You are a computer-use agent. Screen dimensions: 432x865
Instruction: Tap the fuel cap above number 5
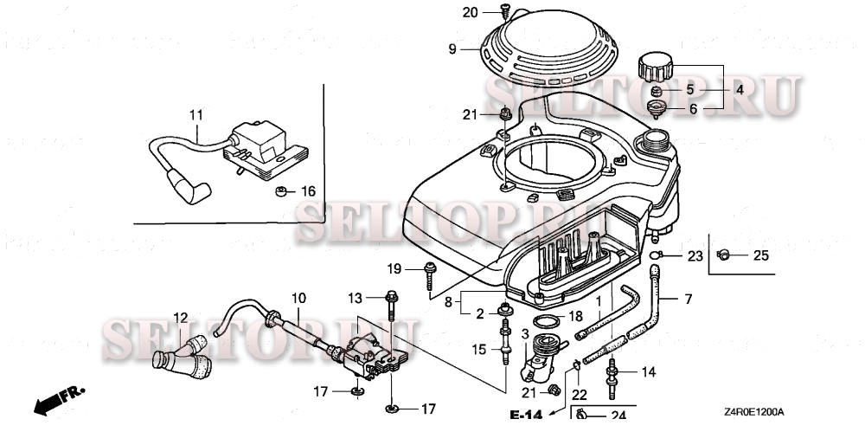pyautogui.click(x=656, y=66)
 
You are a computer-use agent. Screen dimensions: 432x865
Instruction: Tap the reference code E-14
pyautogui.click(x=525, y=416)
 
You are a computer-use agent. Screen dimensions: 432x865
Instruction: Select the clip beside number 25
pyautogui.click(x=725, y=254)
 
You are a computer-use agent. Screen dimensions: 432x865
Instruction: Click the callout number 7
pyautogui.click(x=689, y=300)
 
